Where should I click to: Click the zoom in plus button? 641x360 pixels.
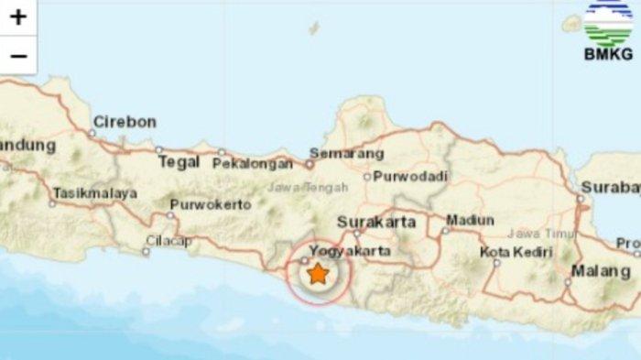coord(18,16)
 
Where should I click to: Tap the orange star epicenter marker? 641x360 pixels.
coord(317,273)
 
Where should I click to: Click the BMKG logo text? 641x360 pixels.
coord(608,54)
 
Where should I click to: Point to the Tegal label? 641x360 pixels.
coord(179,162)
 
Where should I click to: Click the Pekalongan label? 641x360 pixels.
coord(253,164)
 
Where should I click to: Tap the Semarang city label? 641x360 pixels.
coord(346,153)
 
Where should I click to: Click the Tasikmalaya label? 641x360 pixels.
coord(95,193)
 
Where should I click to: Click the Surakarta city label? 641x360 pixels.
coord(376,222)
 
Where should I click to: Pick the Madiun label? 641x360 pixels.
coord(470,220)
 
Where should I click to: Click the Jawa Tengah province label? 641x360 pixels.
coord(295,188)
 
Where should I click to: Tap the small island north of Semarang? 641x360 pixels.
coord(314,28)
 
